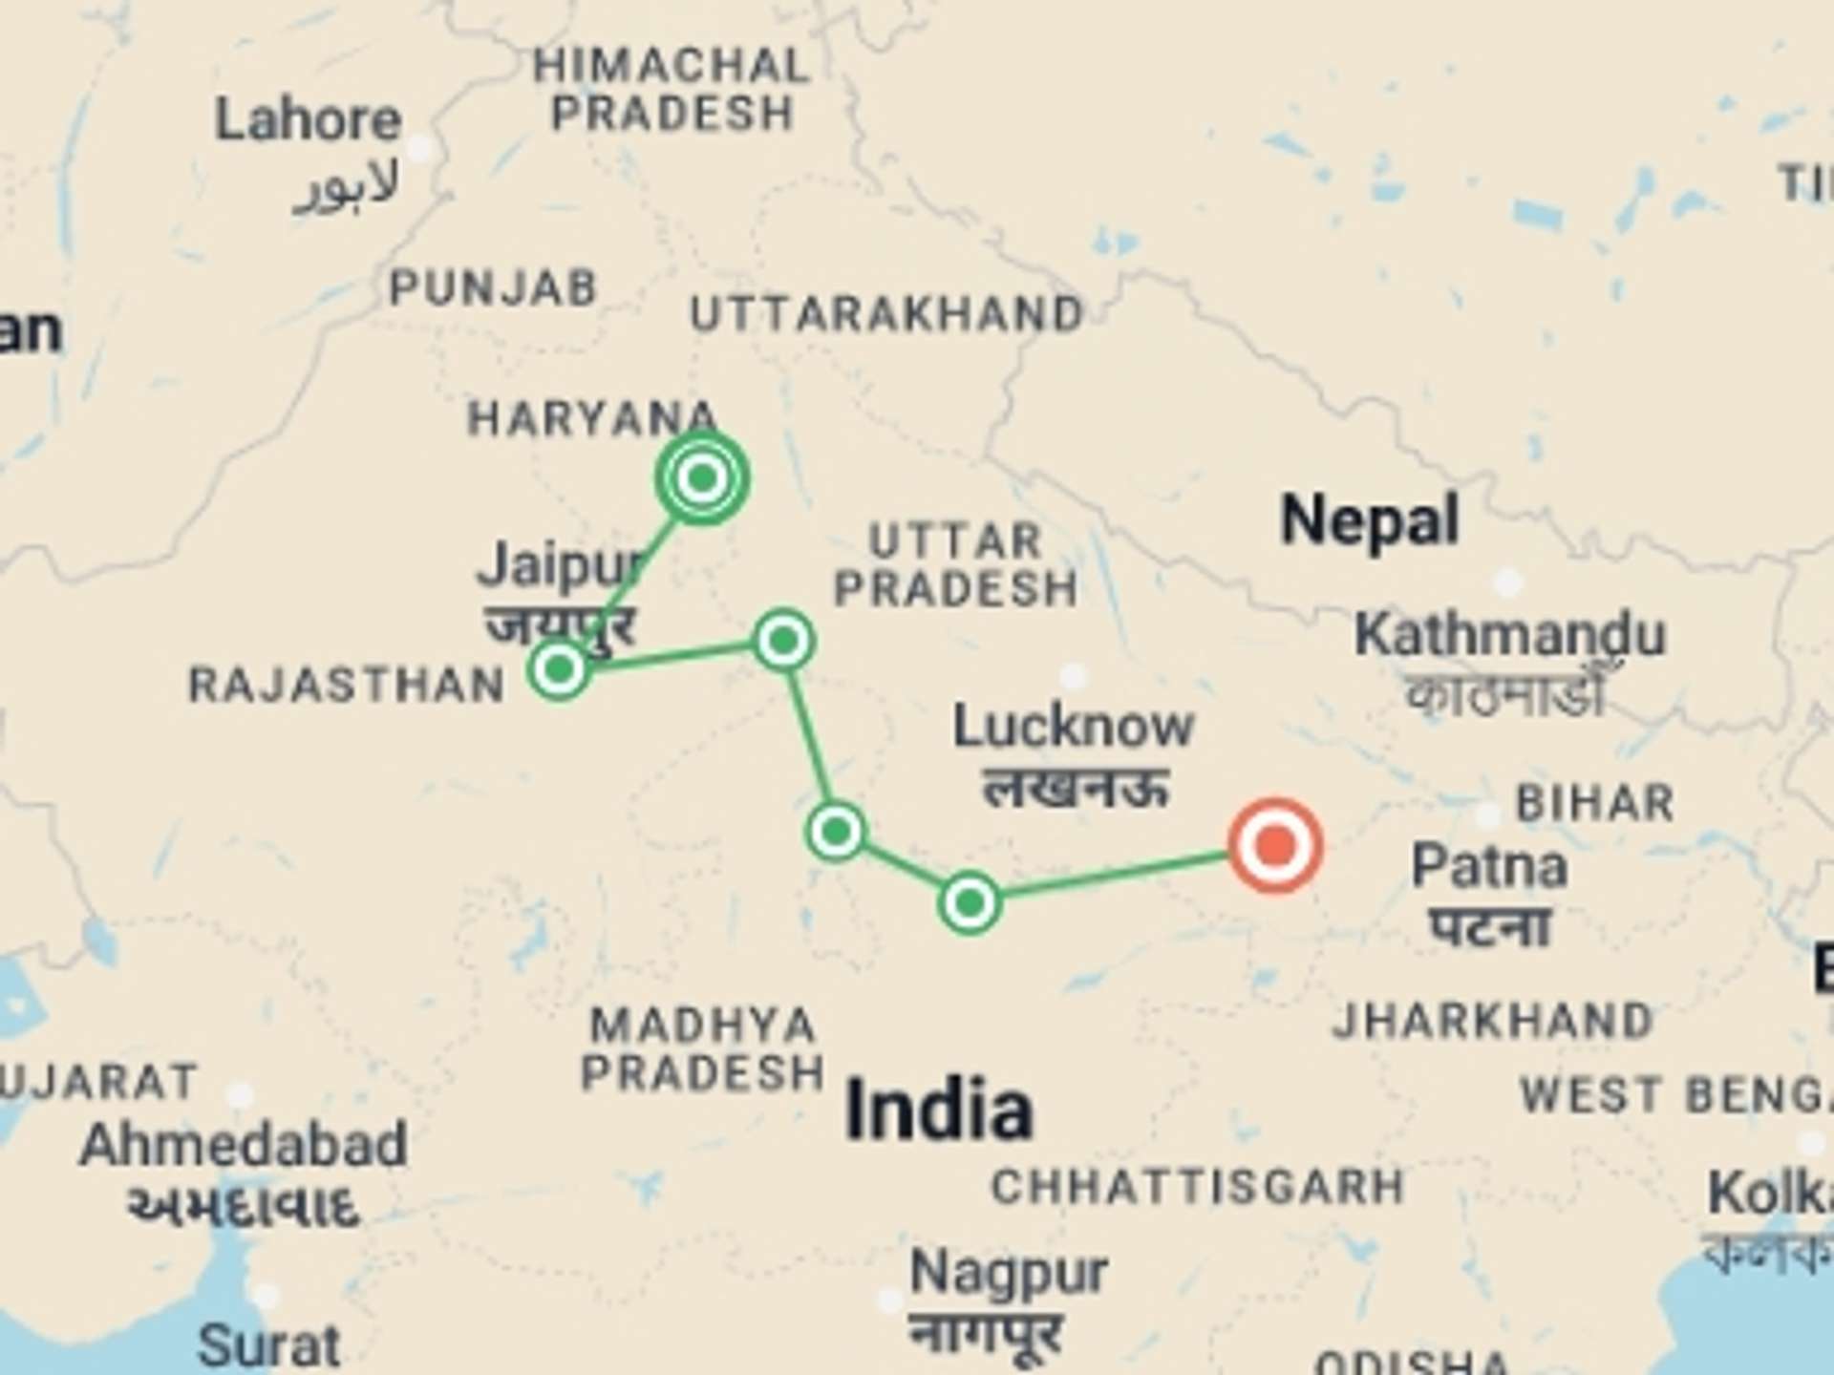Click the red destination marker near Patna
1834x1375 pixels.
pos(1275,846)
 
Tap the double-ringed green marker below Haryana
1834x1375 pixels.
pos(702,477)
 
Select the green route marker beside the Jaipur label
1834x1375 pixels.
pos(559,668)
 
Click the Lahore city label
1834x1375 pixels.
pos(308,121)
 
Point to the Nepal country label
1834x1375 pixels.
pos(1370,521)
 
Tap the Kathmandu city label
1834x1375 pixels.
pos(1509,634)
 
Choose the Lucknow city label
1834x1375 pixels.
pos(1073,728)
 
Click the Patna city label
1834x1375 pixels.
pos(1489,867)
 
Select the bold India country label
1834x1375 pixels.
pos(939,1110)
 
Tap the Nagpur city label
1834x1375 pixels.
pos(1009,1273)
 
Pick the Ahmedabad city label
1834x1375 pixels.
pos(244,1145)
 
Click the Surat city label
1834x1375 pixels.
pos(268,1346)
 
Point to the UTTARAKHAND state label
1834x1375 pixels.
pos(886,315)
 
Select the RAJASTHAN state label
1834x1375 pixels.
pos(347,686)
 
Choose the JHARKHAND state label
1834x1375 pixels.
pos(1492,1021)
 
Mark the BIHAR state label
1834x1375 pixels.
pos(1595,803)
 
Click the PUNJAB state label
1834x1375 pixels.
pos(493,288)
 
